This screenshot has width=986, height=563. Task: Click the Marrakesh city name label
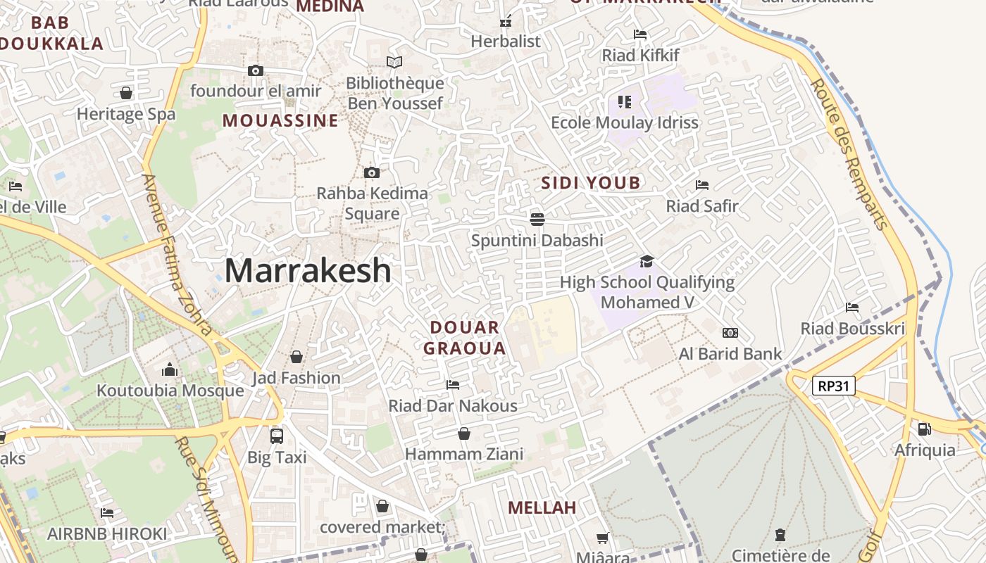coord(308,271)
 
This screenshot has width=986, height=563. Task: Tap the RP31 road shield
coord(834,386)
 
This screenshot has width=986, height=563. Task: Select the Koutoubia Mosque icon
coord(169,370)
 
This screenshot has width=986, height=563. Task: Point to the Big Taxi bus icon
coord(277,436)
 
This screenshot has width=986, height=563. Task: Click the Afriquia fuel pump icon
coord(924,429)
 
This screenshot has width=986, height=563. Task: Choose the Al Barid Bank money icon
coord(730,333)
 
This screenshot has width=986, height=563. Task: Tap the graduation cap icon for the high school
coord(647,262)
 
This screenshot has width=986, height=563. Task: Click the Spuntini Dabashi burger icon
coord(537,219)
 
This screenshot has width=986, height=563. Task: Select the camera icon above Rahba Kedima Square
coord(371,172)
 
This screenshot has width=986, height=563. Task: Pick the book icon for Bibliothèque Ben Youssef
coord(394,63)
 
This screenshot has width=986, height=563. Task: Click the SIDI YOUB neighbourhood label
coord(591,184)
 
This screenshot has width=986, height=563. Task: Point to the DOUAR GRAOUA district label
coord(465,338)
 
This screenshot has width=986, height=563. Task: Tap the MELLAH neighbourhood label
coord(542,507)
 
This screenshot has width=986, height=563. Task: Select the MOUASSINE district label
coord(280,120)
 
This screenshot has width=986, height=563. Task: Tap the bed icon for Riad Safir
coord(702,185)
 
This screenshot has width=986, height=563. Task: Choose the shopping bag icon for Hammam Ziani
coord(463,434)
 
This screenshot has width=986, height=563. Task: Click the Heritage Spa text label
coord(126,114)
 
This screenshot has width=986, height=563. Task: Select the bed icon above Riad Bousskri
coord(852,308)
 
